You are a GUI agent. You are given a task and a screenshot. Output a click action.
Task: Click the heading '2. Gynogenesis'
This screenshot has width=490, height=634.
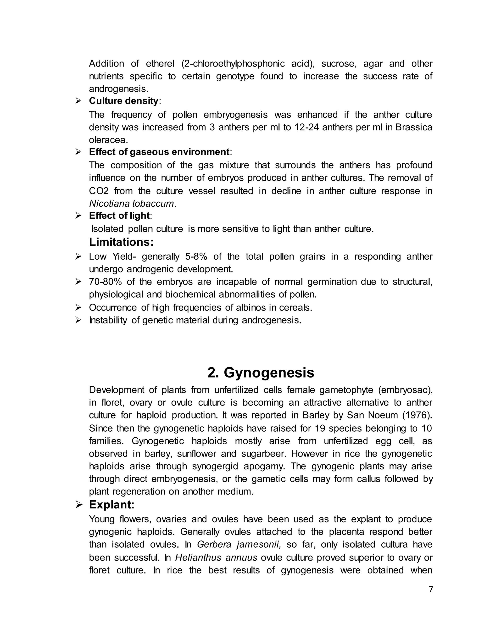261,373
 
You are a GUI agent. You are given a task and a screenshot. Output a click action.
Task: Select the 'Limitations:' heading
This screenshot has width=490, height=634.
121,242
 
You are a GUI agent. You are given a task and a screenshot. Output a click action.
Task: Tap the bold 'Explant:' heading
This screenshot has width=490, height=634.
112,505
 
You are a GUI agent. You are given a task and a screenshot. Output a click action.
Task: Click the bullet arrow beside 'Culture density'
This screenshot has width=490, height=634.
78,101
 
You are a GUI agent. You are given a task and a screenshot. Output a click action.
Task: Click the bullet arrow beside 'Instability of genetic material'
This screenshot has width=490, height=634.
78,320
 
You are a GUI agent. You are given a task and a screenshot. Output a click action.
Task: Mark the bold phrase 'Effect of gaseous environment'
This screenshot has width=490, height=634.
159,152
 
